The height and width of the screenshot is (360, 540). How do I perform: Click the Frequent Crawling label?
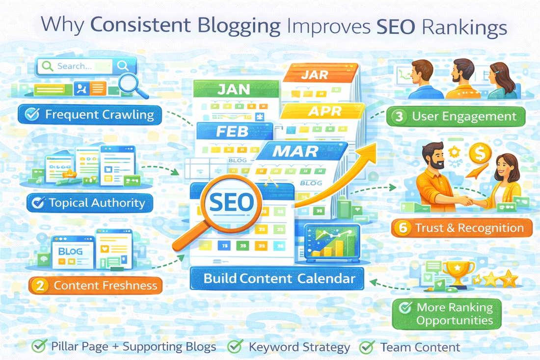pos(90,115)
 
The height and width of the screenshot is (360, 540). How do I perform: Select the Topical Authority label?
pos(88,202)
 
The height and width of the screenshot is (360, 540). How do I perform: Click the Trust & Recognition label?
pos(461,228)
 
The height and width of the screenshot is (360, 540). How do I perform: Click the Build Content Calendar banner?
pos(279,279)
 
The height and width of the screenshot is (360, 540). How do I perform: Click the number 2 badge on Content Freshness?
pos(39,285)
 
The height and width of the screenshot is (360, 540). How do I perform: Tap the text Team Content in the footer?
pos(420,347)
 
